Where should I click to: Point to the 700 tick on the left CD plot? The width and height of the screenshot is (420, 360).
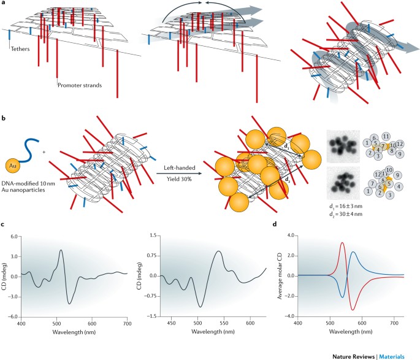126,323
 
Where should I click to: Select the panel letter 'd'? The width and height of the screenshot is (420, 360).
278,224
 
